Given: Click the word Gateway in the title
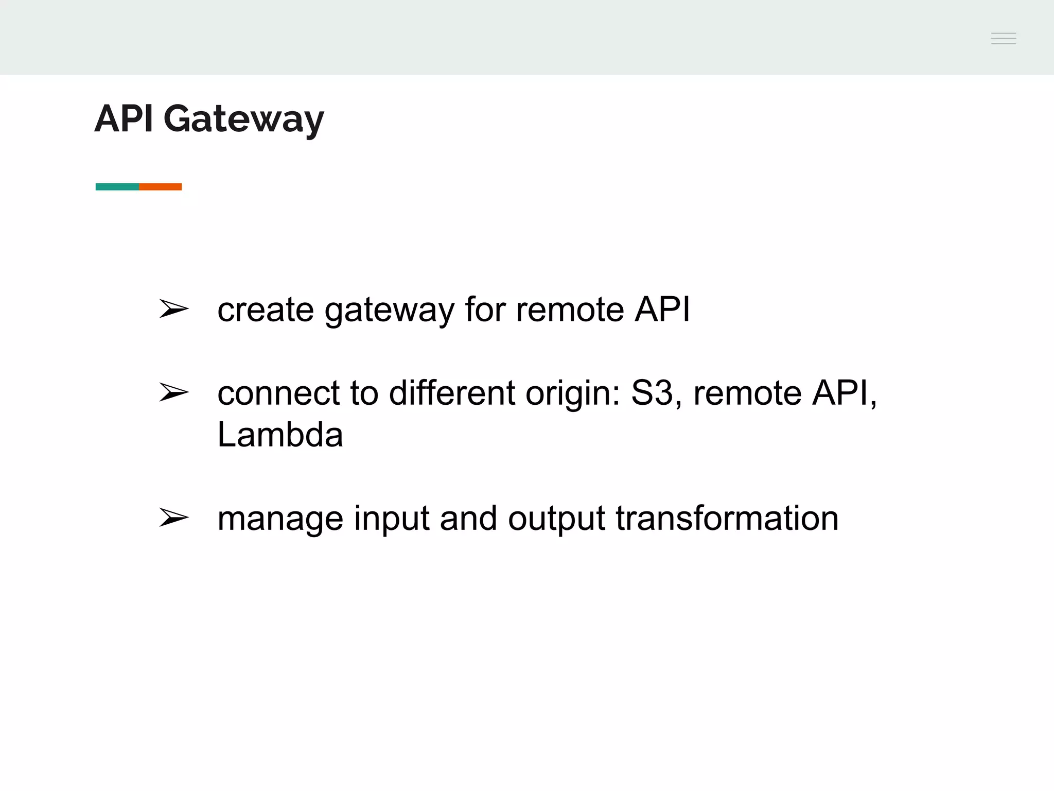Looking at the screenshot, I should point(243,119).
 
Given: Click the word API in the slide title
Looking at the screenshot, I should point(124,118).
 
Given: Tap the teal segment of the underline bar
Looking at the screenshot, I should point(117,186).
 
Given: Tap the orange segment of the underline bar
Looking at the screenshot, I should point(161,186).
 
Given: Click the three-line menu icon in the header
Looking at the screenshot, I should point(1003,39).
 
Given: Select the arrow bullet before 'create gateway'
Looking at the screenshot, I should point(173,309).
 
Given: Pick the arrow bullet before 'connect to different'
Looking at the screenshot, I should point(173,392).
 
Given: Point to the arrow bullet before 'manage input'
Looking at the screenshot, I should point(173,518).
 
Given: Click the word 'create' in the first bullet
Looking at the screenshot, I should point(266,310).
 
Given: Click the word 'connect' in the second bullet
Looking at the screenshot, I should point(278,393).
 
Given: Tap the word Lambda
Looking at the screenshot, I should point(280,435).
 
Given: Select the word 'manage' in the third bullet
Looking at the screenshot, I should point(280,520).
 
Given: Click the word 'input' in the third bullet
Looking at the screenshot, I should point(391,520).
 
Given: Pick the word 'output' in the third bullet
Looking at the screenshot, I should point(556,519).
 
